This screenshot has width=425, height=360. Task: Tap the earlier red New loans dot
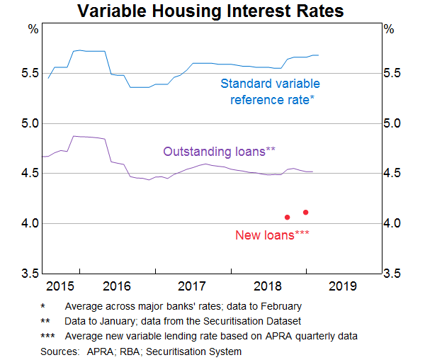coord(287,217)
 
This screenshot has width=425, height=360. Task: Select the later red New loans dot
coord(306,212)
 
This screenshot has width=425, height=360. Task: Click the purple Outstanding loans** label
coord(220,151)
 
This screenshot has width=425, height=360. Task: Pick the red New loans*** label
coord(271,235)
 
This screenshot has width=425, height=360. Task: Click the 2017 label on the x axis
coord(192,286)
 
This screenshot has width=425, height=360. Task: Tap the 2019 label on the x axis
coord(344,286)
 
